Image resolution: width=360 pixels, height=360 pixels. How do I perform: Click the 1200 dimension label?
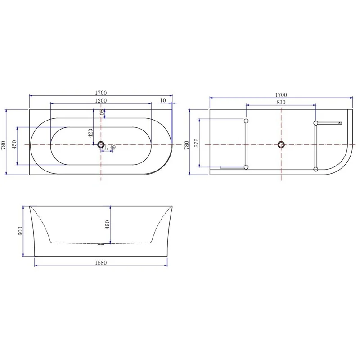point(100,100)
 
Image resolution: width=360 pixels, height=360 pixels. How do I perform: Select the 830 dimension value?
point(280,102)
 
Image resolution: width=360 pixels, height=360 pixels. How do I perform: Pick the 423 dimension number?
point(90,132)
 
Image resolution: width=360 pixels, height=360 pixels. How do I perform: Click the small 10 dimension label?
point(163,100)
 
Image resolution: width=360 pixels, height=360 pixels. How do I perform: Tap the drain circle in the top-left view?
point(101,144)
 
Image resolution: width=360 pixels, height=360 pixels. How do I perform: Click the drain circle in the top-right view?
point(281,144)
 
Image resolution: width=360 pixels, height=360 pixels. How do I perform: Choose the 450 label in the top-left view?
point(14,145)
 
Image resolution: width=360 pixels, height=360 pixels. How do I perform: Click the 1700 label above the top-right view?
point(280,94)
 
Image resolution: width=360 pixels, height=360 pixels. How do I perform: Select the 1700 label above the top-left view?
point(100,93)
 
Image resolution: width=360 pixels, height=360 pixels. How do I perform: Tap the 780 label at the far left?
point(4,145)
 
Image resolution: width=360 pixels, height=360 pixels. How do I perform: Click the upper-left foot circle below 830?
point(246,121)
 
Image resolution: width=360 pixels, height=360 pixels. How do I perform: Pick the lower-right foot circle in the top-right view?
point(316,169)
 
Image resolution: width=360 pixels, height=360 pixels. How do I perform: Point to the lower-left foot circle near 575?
point(246,167)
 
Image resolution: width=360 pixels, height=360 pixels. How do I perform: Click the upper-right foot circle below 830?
point(316,123)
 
